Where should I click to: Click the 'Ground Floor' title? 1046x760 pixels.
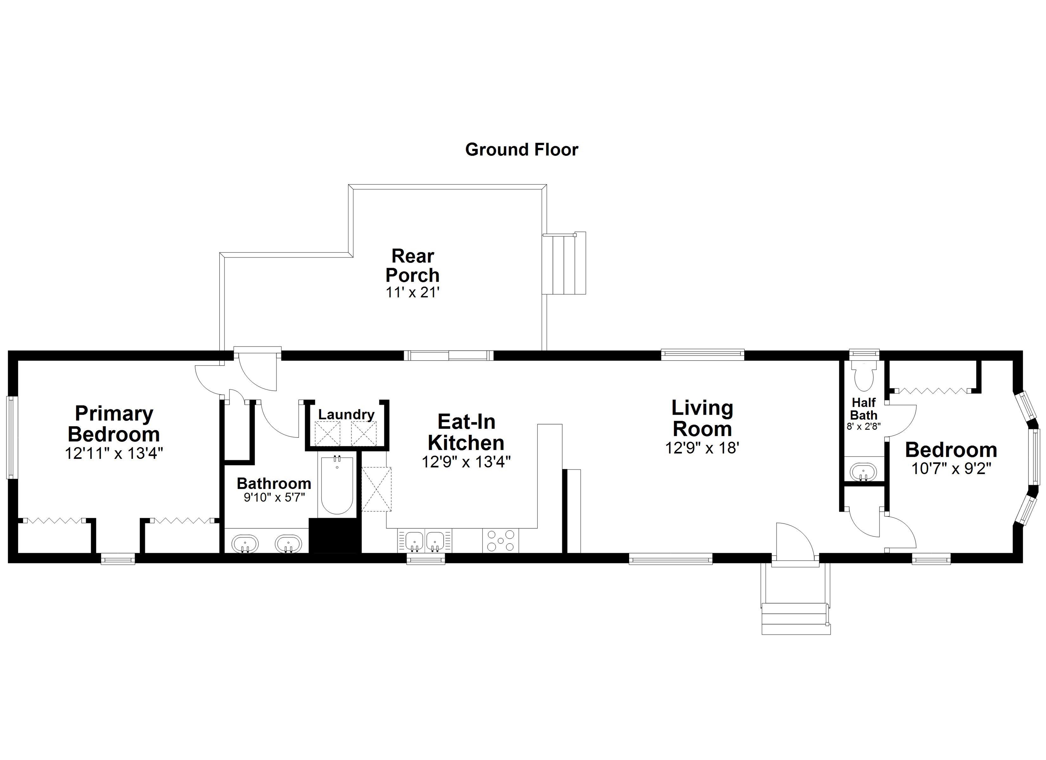click(521, 150)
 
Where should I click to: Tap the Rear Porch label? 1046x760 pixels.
click(412, 265)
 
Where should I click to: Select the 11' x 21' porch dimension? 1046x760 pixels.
click(412, 292)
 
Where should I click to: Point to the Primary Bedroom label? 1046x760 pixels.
click(114, 424)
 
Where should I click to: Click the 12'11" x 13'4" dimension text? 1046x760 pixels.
click(114, 453)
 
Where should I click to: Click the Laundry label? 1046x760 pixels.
click(346, 414)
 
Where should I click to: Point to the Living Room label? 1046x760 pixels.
click(702, 418)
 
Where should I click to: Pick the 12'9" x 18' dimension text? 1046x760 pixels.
click(702, 448)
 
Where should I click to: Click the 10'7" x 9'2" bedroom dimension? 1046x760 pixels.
click(951, 469)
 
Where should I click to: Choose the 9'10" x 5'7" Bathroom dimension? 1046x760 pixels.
click(274, 498)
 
